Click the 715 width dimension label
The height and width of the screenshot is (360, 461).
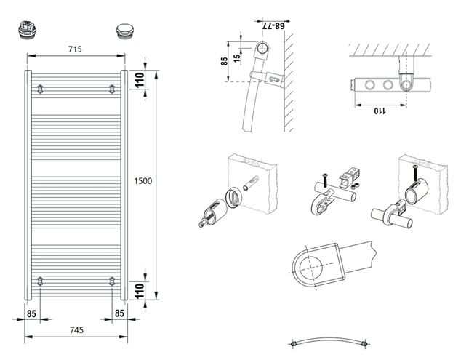point(75,49)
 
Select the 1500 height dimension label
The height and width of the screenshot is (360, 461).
point(143,181)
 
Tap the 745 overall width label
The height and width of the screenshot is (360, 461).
point(76,330)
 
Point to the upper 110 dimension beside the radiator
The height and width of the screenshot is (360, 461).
point(140,80)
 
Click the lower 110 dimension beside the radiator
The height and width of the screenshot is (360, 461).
point(140,291)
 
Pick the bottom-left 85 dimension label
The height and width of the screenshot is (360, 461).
point(31,313)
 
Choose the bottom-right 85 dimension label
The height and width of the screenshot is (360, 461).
point(119,313)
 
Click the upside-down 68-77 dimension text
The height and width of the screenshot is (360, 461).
point(273,26)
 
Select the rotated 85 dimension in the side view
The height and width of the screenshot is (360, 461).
point(225,61)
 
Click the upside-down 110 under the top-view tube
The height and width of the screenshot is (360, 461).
point(380,111)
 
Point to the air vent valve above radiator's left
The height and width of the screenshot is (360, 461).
point(27,29)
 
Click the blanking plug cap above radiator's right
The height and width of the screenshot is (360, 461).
point(125,31)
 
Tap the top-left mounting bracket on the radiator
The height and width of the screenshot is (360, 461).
point(40,89)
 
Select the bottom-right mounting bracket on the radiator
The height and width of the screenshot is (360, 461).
point(112,281)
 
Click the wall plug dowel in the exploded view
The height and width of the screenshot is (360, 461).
point(251,183)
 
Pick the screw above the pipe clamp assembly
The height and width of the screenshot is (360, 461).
point(325,180)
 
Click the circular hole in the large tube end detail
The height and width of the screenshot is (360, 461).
point(311,268)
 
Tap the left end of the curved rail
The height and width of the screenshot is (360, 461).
point(293,344)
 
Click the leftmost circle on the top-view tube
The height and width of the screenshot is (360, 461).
point(369,85)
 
